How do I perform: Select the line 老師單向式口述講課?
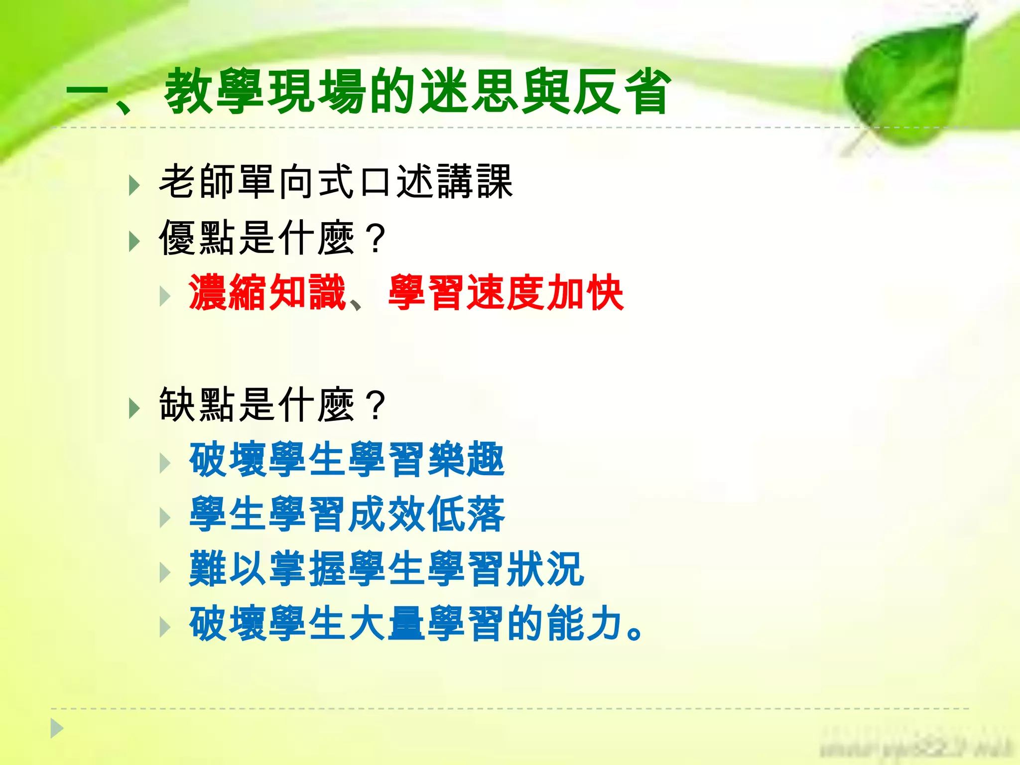[x=335, y=182]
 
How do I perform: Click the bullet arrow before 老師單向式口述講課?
[x=133, y=186]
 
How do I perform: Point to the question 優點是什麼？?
[x=271, y=238]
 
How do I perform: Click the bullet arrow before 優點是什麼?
[x=133, y=242]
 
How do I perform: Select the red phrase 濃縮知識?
[x=267, y=293]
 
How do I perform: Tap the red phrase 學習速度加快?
[x=506, y=293]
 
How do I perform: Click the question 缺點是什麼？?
[x=271, y=404]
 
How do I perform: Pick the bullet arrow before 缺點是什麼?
[x=133, y=408]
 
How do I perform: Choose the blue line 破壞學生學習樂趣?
[x=347, y=459]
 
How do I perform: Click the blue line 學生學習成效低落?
[x=347, y=514]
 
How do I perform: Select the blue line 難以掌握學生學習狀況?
[x=386, y=569]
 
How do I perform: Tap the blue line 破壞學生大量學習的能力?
[x=416, y=624]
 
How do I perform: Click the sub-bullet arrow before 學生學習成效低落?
[x=164, y=518]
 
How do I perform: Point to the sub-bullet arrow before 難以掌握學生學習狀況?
[x=164, y=573]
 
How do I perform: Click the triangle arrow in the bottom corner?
[x=57, y=729]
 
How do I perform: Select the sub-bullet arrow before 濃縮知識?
[x=164, y=297]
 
